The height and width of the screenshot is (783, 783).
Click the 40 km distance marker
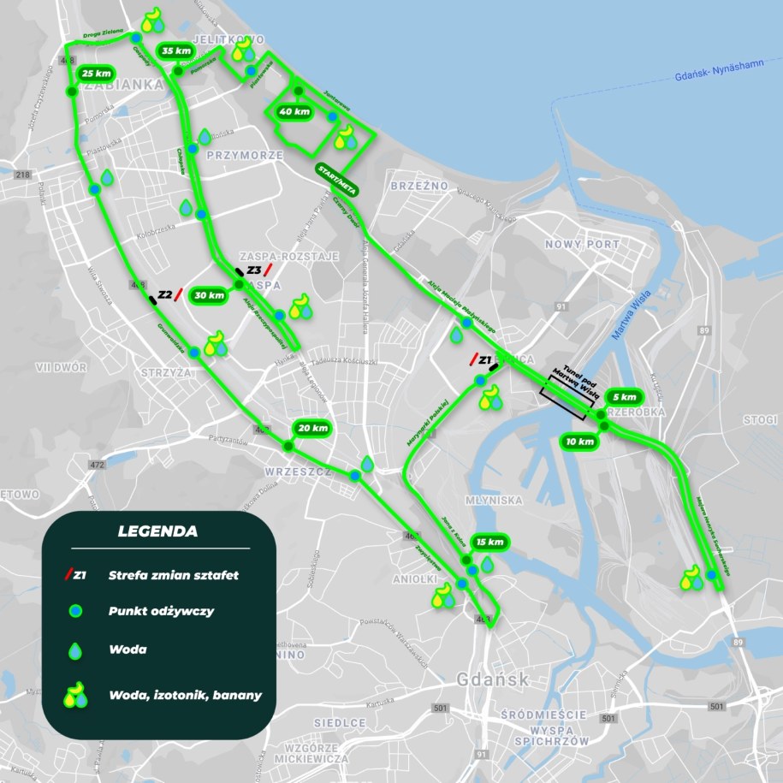294,111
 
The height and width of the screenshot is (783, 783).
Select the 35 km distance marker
175,51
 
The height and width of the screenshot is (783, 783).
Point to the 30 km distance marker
210,295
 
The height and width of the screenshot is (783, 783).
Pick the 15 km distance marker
490,542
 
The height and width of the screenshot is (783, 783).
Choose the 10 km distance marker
579,442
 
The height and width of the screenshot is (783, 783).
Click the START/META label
335,176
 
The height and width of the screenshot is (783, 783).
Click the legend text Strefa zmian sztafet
173,575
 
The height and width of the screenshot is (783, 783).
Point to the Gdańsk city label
483,679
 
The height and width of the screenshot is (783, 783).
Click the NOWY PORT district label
581,245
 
